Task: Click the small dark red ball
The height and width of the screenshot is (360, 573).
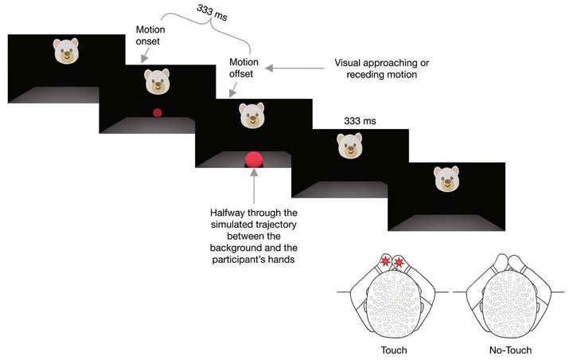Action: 158,112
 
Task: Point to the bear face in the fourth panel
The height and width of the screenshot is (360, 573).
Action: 349,145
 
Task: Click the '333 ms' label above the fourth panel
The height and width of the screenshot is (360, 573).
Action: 360,121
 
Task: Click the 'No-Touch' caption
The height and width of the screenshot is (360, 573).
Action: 509,350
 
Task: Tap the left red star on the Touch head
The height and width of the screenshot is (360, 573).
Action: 385,261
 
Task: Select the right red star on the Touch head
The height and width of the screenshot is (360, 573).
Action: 399,261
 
